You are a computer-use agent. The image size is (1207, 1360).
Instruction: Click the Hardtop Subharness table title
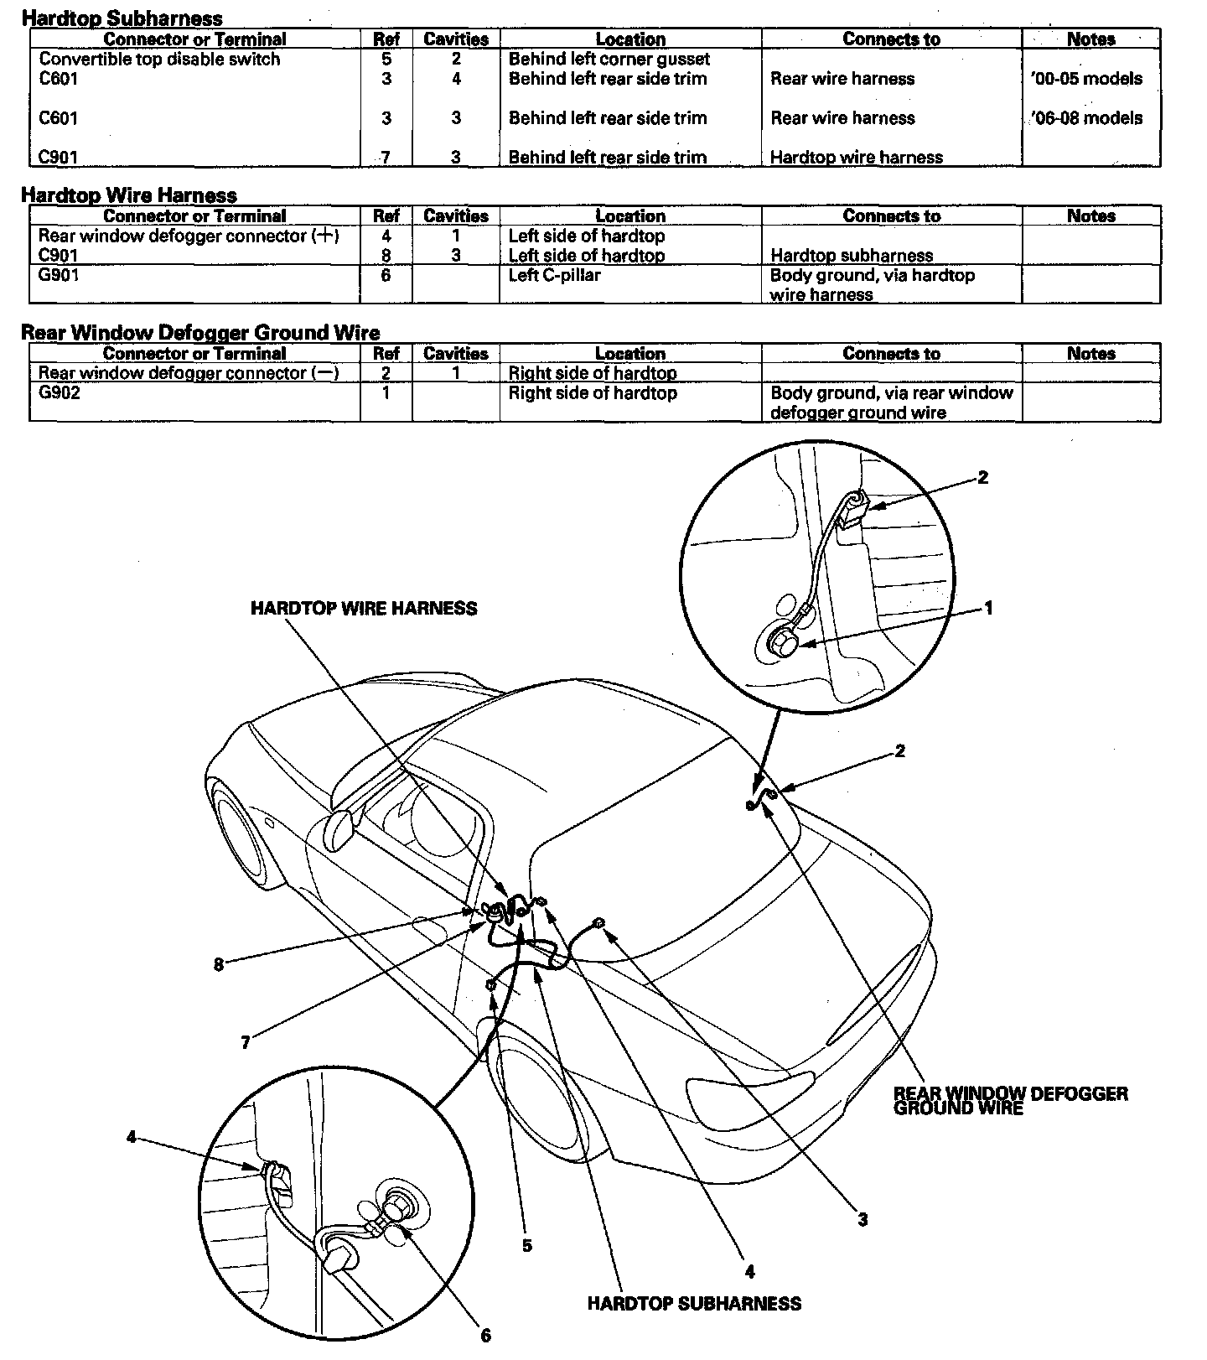(x=122, y=18)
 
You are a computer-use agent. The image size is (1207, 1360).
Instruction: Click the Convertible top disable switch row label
(x=159, y=60)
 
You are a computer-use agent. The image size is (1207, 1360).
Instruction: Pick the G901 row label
(x=59, y=275)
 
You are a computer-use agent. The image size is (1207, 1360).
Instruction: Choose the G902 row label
(x=59, y=393)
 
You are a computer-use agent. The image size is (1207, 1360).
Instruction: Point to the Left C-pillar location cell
(x=554, y=275)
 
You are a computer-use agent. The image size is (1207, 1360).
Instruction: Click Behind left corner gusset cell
(x=609, y=60)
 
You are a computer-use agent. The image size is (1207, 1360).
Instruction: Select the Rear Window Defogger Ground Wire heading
(x=199, y=333)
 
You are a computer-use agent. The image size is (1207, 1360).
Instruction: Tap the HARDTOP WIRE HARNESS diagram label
(x=364, y=609)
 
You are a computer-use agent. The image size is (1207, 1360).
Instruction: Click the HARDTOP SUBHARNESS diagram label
(x=694, y=1304)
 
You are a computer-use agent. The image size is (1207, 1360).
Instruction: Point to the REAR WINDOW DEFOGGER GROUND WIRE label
(x=1010, y=1101)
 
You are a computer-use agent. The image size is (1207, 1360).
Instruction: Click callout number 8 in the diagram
(x=219, y=964)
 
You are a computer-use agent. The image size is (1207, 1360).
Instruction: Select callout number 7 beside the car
(x=245, y=1043)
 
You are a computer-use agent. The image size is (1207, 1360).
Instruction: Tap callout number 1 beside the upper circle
(x=988, y=608)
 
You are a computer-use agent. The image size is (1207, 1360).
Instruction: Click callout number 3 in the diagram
(x=863, y=1220)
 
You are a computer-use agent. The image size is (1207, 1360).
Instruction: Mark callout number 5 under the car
(x=526, y=1246)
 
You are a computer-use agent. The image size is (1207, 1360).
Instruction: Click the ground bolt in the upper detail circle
(x=783, y=644)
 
